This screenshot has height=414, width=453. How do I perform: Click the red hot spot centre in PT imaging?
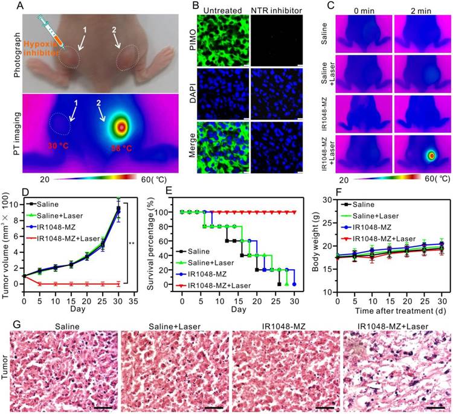[x=122, y=127]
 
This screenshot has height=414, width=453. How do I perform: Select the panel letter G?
[x=7, y=319]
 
